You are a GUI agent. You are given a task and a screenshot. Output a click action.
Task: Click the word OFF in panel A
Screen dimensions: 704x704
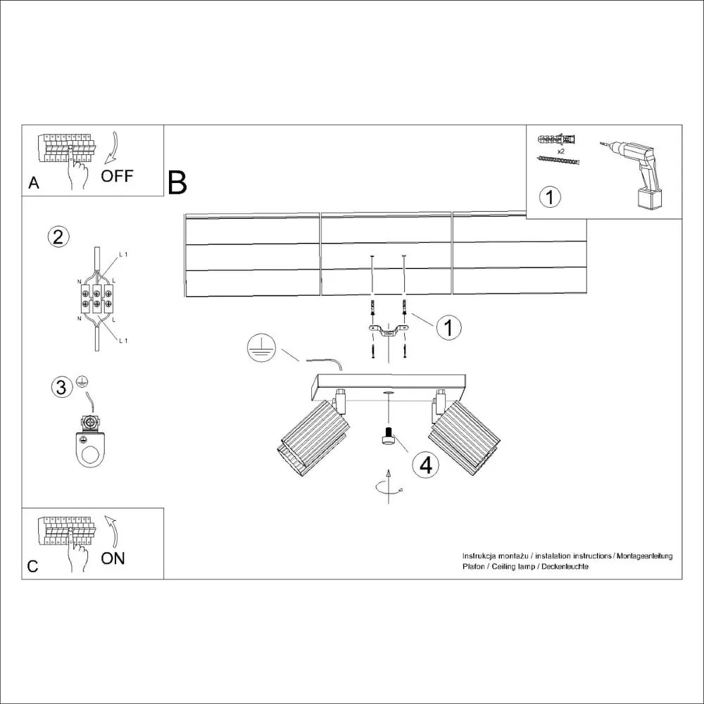116,176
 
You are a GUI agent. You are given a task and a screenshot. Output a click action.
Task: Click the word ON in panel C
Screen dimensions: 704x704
113,558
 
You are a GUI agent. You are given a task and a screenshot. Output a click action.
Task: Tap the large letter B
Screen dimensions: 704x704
177,182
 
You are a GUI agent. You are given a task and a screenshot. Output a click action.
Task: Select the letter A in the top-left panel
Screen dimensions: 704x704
33,184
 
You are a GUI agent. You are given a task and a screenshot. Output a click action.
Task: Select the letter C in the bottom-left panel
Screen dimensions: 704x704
32,567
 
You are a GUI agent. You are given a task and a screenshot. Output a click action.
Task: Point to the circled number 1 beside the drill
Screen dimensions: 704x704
551,196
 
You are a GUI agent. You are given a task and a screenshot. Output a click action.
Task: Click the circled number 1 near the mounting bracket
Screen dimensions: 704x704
448,327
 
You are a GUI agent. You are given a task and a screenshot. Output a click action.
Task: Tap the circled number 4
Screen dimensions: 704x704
425,465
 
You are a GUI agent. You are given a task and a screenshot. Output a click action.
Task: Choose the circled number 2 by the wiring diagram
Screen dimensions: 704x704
58,237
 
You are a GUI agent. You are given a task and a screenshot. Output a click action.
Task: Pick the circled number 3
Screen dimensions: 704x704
62,386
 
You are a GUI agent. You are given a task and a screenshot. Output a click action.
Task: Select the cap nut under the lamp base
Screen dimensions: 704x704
387,439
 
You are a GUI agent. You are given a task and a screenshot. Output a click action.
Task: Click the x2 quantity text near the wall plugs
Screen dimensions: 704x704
561,151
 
